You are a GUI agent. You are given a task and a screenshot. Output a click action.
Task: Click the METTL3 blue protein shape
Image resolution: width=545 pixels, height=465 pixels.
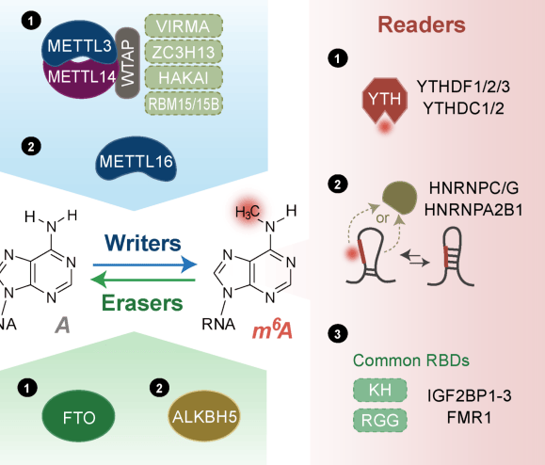click(x=79, y=43)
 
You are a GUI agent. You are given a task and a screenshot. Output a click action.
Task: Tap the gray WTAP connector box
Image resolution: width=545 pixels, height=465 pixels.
click(x=128, y=63)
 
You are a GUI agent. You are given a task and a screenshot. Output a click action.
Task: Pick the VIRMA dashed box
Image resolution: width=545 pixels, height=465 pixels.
click(x=184, y=26)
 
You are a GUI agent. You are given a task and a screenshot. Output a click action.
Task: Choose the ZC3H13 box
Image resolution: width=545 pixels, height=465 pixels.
click(x=184, y=52)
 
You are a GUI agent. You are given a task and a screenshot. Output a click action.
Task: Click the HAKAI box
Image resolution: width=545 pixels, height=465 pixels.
click(x=184, y=78)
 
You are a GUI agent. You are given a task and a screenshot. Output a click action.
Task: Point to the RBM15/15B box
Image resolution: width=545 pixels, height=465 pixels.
click(x=184, y=104)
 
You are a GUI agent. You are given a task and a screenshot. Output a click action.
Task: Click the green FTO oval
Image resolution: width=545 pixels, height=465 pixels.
click(x=78, y=416)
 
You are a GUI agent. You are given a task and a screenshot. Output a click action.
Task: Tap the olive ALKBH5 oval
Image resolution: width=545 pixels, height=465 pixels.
click(x=204, y=416)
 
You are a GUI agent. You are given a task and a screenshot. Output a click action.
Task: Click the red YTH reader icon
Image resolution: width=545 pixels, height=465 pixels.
click(x=384, y=101)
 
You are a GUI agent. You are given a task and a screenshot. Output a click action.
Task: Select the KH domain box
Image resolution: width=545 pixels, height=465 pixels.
click(x=380, y=390)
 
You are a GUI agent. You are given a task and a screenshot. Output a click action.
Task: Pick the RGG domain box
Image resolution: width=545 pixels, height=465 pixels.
click(x=380, y=420)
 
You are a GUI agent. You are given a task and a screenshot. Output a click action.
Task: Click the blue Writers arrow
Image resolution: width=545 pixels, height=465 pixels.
click(x=145, y=265)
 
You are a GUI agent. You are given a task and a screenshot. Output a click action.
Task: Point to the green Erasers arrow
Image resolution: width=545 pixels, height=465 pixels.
click(x=143, y=280)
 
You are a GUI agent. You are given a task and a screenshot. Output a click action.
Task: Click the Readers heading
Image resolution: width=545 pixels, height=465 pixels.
click(x=422, y=24)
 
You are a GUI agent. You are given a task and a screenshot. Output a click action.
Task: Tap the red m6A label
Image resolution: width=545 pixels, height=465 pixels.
click(x=273, y=329)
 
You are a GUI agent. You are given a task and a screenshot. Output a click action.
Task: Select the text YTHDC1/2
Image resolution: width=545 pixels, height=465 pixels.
click(x=463, y=108)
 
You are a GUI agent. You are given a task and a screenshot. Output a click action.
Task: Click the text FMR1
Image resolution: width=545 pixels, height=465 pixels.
click(x=470, y=417)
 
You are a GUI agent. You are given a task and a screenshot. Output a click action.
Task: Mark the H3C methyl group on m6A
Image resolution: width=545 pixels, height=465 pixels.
click(x=248, y=212)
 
